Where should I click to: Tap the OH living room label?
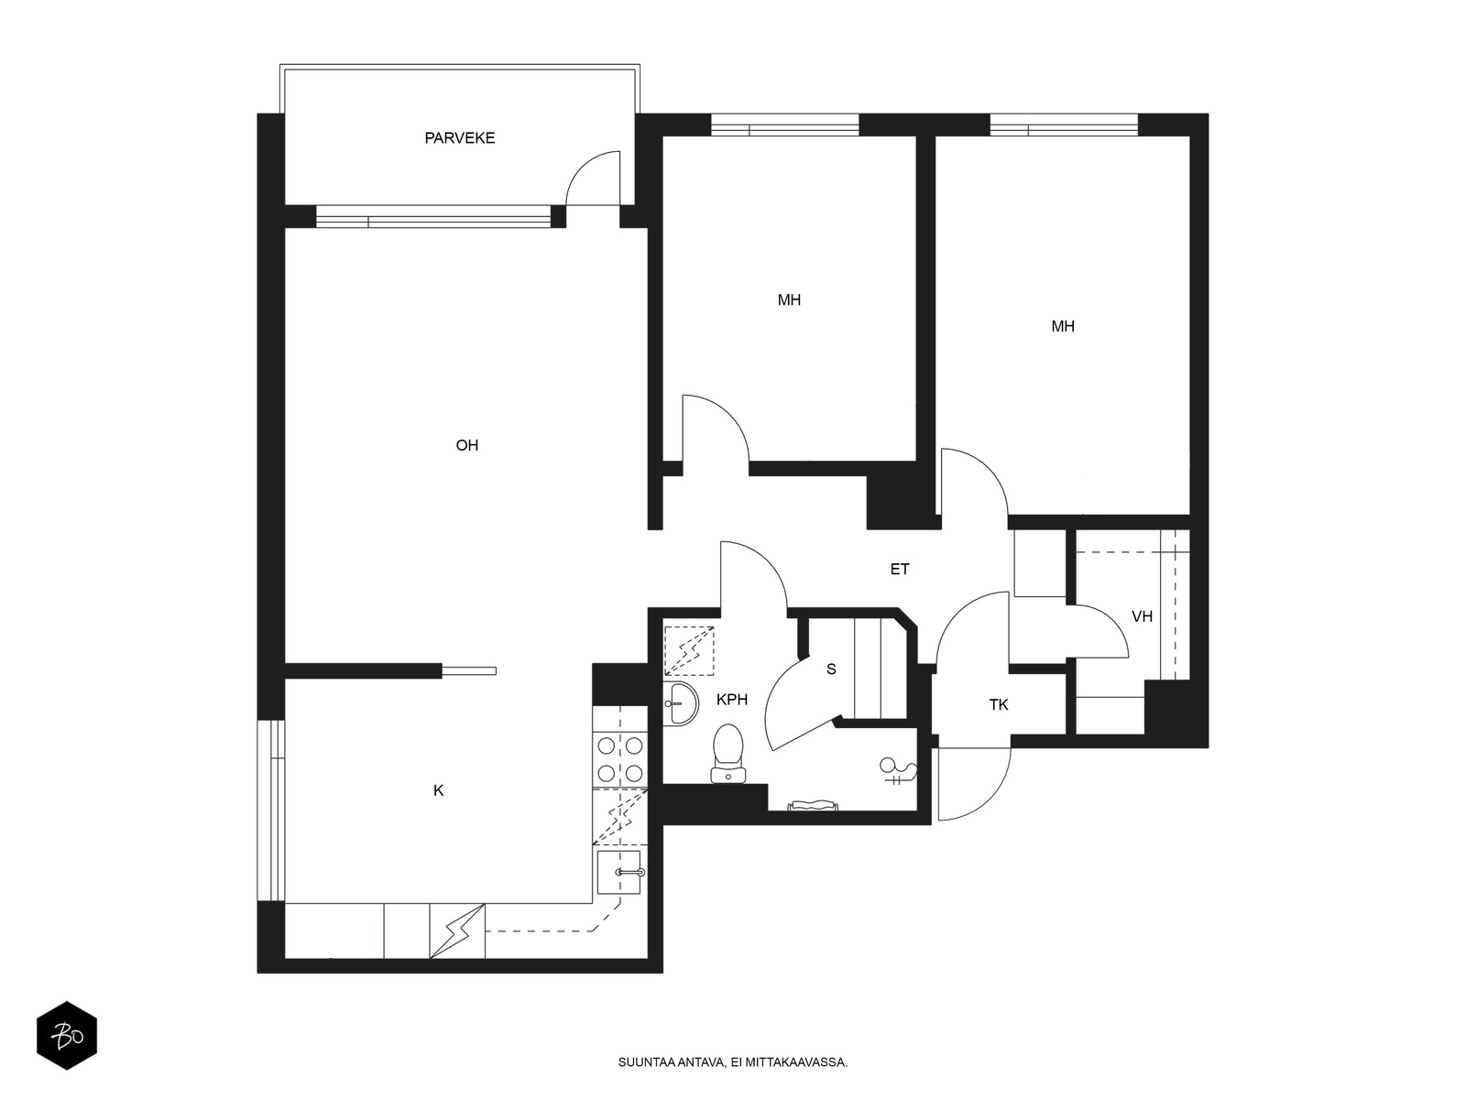click(x=467, y=445)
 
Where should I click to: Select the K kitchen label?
click(x=438, y=790)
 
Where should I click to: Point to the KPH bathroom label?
click(x=731, y=700)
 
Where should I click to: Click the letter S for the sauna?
click(x=831, y=669)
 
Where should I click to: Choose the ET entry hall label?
click(x=900, y=569)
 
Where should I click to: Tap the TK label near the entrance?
click(x=999, y=704)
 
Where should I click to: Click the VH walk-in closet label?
click(x=1142, y=616)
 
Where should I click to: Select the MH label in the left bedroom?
click(x=789, y=300)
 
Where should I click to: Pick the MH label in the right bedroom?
click(x=1063, y=326)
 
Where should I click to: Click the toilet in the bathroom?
click(x=728, y=754)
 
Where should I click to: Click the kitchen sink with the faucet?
click(x=619, y=872)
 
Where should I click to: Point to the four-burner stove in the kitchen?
click(x=619, y=759)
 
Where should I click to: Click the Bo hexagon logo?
click(x=67, y=1036)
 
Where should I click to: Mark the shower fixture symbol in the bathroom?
click(x=897, y=772)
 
